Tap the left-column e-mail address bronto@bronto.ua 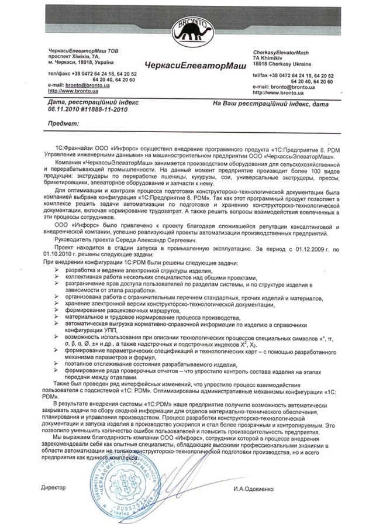[x=82, y=85]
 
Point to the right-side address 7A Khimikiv [x=270, y=58]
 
